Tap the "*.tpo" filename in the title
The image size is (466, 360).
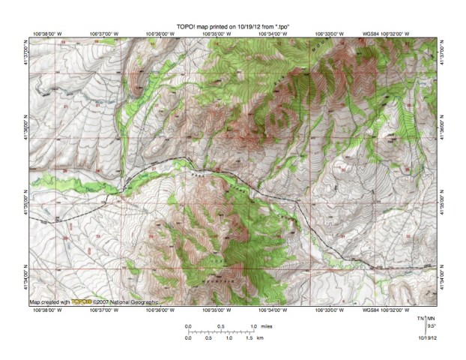pyautogui.click(x=279, y=26)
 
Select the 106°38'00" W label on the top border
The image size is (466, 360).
pyautogui.click(x=49, y=34)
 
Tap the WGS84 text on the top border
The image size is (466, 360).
pyautogui.click(x=371, y=34)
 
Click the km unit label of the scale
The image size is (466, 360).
pyautogui.click(x=260, y=338)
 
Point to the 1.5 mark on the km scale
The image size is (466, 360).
pyautogui.click(x=248, y=338)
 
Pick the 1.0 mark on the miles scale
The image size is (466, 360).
pyautogui.click(x=253, y=326)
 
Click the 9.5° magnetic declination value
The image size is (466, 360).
pyautogui.click(x=431, y=326)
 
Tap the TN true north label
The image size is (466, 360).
pyautogui.click(x=422, y=319)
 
